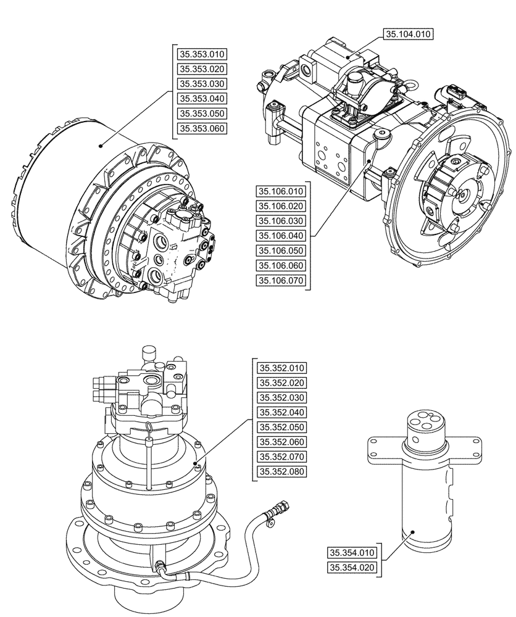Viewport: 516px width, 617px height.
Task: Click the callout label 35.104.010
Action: (409, 35)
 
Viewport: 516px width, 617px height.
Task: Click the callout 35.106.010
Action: (281, 191)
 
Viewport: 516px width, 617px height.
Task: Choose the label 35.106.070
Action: (281, 281)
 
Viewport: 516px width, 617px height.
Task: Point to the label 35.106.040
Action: (281, 236)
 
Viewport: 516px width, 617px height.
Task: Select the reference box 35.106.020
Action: (281, 206)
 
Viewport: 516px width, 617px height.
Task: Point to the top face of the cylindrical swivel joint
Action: (422, 421)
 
